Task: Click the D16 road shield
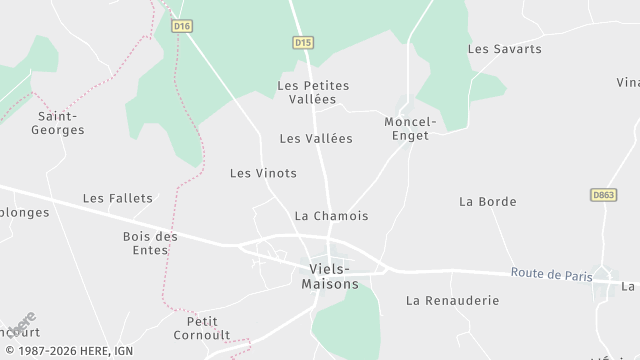[181, 27]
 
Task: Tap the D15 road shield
[304, 42]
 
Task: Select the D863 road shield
[602, 195]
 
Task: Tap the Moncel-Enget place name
[406, 128]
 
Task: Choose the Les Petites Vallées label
[313, 92]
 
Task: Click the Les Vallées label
[316, 139]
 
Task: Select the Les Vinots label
[263, 173]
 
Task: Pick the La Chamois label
[331, 216]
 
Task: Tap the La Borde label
[487, 202]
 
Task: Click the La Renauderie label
[452, 300]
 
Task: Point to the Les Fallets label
[118, 199]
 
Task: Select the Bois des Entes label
[150, 243]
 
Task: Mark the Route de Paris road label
[550, 273]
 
